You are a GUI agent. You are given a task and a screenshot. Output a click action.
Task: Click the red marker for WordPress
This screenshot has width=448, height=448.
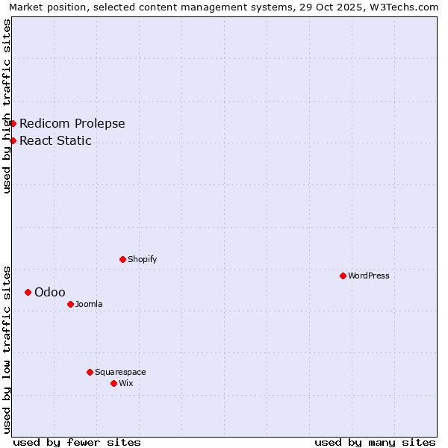pyautogui.click(x=343, y=276)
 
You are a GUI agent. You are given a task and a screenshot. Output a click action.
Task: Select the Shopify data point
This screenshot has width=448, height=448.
pyautogui.click(x=122, y=259)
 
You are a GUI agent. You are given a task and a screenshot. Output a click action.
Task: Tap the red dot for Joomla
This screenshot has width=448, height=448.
pyautogui.click(x=70, y=304)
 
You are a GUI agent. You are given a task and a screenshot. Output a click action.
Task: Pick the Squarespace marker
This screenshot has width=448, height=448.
pyautogui.click(x=90, y=372)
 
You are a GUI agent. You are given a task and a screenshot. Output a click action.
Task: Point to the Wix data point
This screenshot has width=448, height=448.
pyautogui.click(x=113, y=383)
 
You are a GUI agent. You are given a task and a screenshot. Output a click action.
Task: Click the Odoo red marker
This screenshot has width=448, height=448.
pyautogui.click(x=28, y=292)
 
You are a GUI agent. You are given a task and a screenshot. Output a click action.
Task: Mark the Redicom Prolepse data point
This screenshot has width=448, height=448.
pyautogui.click(x=13, y=123)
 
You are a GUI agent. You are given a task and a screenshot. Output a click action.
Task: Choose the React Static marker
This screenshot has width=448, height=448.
pyautogui.click(x=13, y=140)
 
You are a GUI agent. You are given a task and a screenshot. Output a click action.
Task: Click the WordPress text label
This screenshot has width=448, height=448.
pyautogui.click(x=369, y=276)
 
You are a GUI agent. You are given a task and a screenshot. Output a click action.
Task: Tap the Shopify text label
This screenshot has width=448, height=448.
pyautogui.click(x=143, y=259)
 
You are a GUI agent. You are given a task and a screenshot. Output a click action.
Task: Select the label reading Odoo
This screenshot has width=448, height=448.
pyautogui.click(x=50, y=292)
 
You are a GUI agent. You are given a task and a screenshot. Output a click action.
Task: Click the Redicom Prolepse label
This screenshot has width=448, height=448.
pyautogui.click(x=72, y=123)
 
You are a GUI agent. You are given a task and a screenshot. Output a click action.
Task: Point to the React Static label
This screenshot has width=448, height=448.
pyautogui.click(x=56, y=140)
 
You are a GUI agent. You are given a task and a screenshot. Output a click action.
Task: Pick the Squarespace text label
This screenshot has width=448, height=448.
pyautogui.click(x=120, y=372)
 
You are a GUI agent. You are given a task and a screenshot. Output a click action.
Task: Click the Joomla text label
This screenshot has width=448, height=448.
pyautogui.click(x=89, y=304)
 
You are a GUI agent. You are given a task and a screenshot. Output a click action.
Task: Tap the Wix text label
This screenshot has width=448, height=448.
pyautogui.click(x=126, y=383)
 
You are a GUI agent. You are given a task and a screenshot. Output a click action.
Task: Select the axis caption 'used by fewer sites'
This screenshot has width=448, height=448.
pyautogui.click(x=77, y=442)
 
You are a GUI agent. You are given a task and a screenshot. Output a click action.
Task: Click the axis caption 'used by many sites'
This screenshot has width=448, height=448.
pyautogui.click(x=375, y=442)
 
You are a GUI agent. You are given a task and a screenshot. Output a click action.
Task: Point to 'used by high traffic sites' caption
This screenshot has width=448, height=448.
pyautogui.click(x=7, y=106)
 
